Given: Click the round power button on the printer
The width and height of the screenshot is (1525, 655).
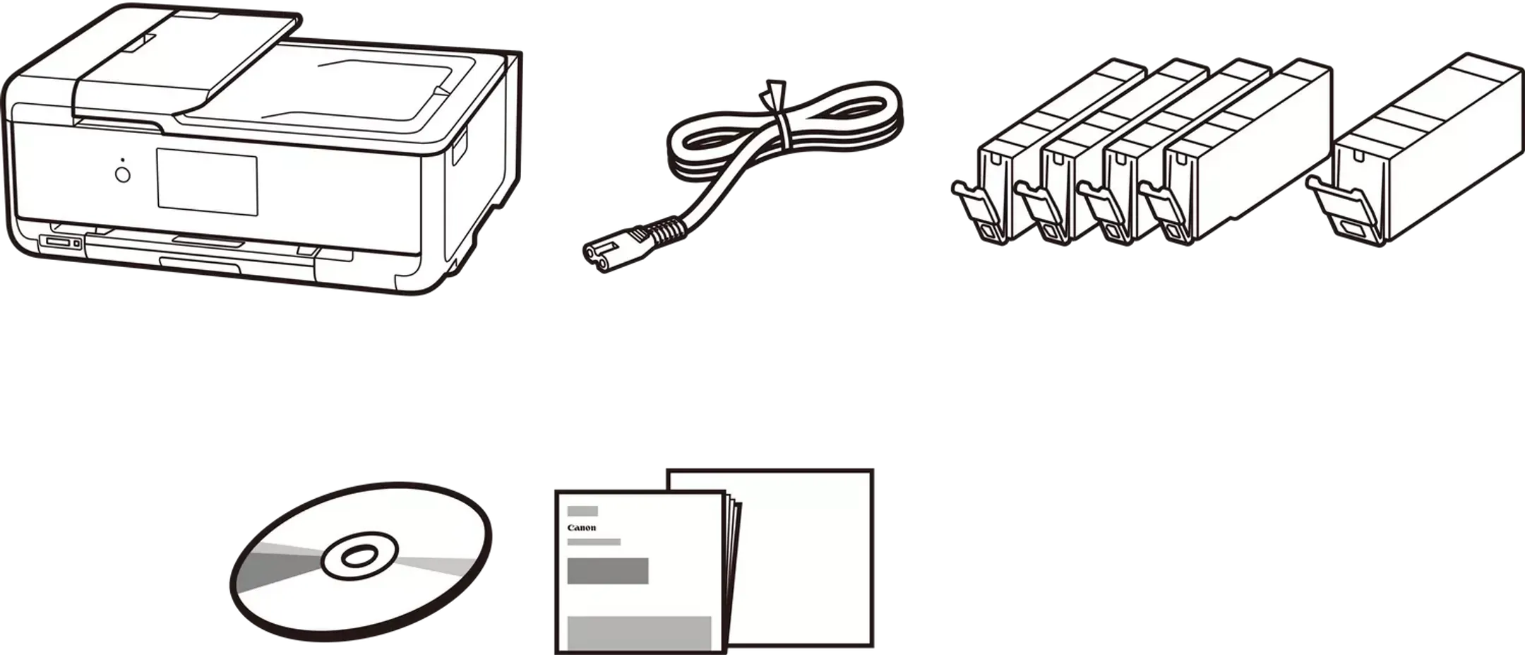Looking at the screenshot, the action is (x=123, y=175).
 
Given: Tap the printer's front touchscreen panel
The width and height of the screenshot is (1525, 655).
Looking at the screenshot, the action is (x=207, y=182).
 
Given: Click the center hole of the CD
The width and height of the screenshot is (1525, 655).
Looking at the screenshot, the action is (x=359, y=557).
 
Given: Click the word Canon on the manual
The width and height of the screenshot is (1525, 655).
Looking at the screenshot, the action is (x=582, y=528).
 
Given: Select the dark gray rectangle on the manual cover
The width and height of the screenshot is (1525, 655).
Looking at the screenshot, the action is (x=608, y=571).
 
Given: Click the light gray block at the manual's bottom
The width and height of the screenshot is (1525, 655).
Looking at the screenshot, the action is (x=639, y=632).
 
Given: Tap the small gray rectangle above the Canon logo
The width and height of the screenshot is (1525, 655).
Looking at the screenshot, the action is (x=582, y=511).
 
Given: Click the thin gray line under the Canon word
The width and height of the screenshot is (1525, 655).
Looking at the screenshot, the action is (x=594, y=542).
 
